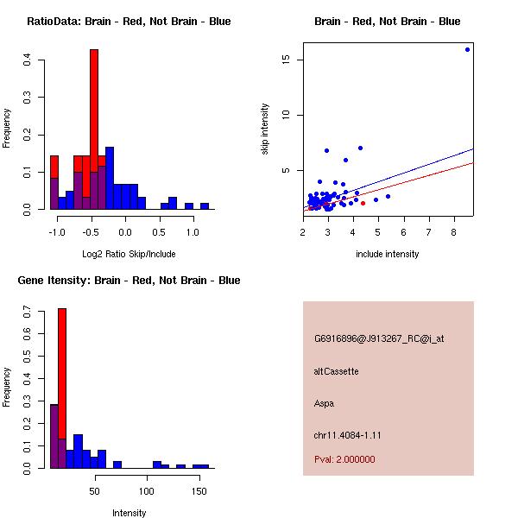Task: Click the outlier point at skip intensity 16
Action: pos(467,49)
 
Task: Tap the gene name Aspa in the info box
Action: pos(324,403)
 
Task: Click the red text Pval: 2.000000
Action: pos(344,459)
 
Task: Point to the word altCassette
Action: pos(336,371)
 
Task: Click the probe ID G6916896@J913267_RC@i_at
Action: pos(379,339)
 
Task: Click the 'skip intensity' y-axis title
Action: pos(265,129)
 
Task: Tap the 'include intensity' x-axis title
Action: pos(388,254)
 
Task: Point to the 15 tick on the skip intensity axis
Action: pos(284,60)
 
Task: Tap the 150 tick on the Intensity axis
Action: pos(199,491)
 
